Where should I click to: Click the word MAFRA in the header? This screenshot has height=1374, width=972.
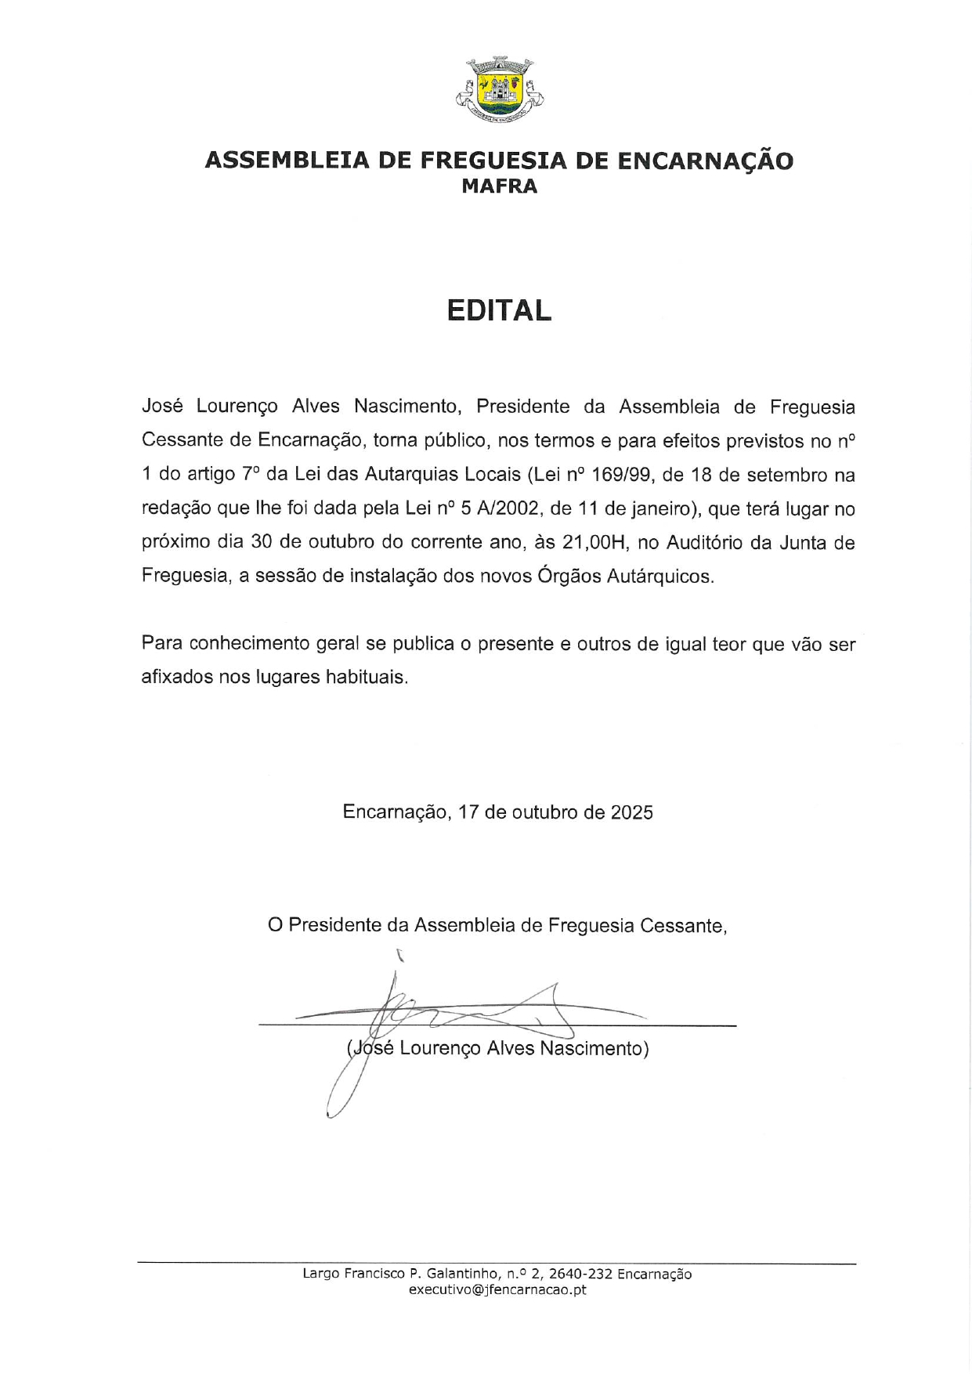[x=499, y=186]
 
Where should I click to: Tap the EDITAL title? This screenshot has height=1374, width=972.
[x=499, y=311]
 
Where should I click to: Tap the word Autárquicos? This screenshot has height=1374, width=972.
[x=663, y=576]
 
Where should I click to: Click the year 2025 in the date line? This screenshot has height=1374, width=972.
[x=632, y=812]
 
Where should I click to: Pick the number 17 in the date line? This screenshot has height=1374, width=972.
[x=468, y=812]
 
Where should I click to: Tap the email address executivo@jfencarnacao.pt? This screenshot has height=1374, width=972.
[x=497, y=1289]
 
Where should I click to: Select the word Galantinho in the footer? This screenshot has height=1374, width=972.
[x=461, y=1274]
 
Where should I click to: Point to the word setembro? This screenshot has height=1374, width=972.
[x=785, y=475]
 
